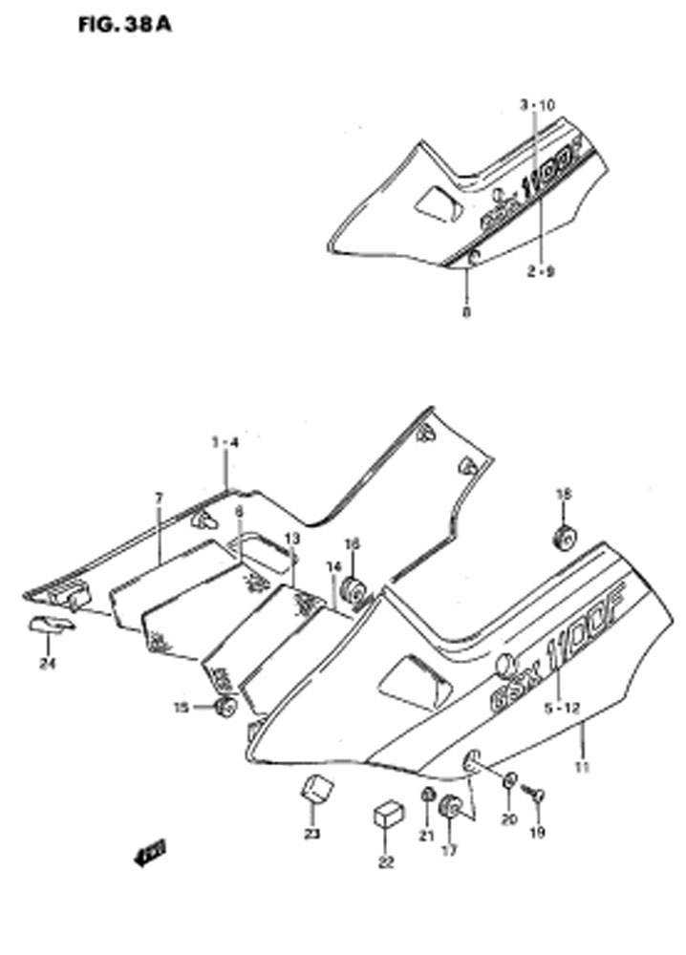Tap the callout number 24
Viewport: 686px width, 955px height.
[47, 665]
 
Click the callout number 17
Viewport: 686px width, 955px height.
[450, 849]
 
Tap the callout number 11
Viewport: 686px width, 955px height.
[584, 767]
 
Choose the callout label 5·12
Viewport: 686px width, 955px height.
[561, 710]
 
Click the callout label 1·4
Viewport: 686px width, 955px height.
[225, 442]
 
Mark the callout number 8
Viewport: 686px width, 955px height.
[466, 311]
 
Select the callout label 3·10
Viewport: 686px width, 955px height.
[536, 105]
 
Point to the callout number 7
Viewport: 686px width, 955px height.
[160, 498]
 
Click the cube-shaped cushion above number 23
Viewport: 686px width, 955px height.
[316, 791]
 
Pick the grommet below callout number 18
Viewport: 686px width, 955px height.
[564, 538]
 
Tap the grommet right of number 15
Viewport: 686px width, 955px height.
[226, 708]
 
